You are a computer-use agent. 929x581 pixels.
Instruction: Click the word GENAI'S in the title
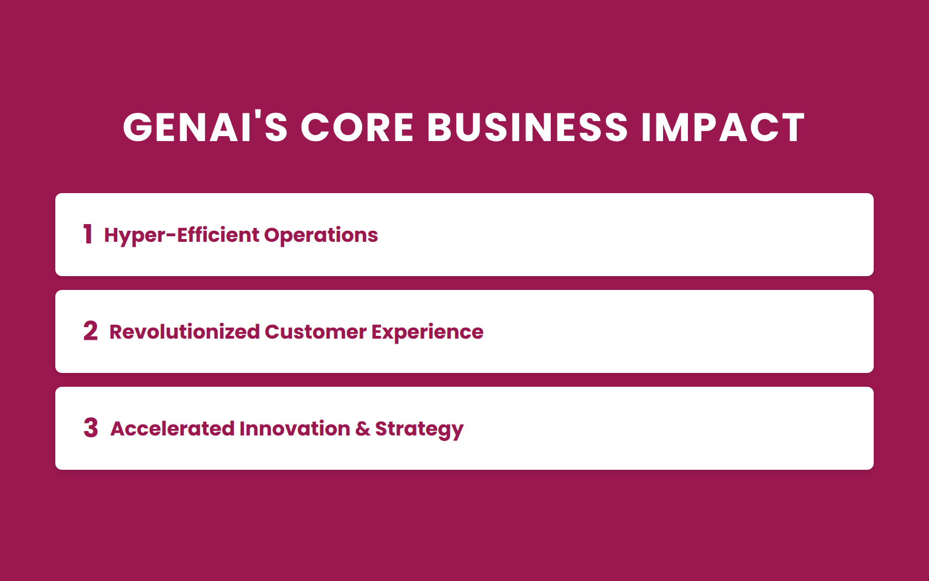click(205, 127)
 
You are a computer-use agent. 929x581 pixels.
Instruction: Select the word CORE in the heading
click(357, 127)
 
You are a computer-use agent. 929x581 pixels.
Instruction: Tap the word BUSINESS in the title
click(528, 127)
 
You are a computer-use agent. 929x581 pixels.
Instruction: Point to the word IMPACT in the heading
click(723, 127)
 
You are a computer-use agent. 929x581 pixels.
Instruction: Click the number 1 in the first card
click(87, 234)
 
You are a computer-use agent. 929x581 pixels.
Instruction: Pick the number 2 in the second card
click(91, 331)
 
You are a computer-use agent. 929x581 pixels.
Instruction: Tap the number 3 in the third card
click(91, 428)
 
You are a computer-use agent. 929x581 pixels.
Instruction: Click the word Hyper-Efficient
click(181, 236)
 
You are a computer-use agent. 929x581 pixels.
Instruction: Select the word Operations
click(321, 236)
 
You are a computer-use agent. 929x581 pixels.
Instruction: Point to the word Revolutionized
click(185, 332)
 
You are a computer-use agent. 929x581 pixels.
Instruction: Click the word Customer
click(316, 332)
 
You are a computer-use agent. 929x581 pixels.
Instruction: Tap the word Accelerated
click(173, 429)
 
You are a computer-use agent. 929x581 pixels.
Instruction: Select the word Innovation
click(295, 429)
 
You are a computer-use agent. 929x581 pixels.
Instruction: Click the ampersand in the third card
click(363, 429)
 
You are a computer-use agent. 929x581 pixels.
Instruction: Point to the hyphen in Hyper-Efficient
click(171, 235)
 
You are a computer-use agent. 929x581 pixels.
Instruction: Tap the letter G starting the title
click(137, 127)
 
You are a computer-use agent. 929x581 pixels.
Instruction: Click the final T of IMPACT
click(791, 127)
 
